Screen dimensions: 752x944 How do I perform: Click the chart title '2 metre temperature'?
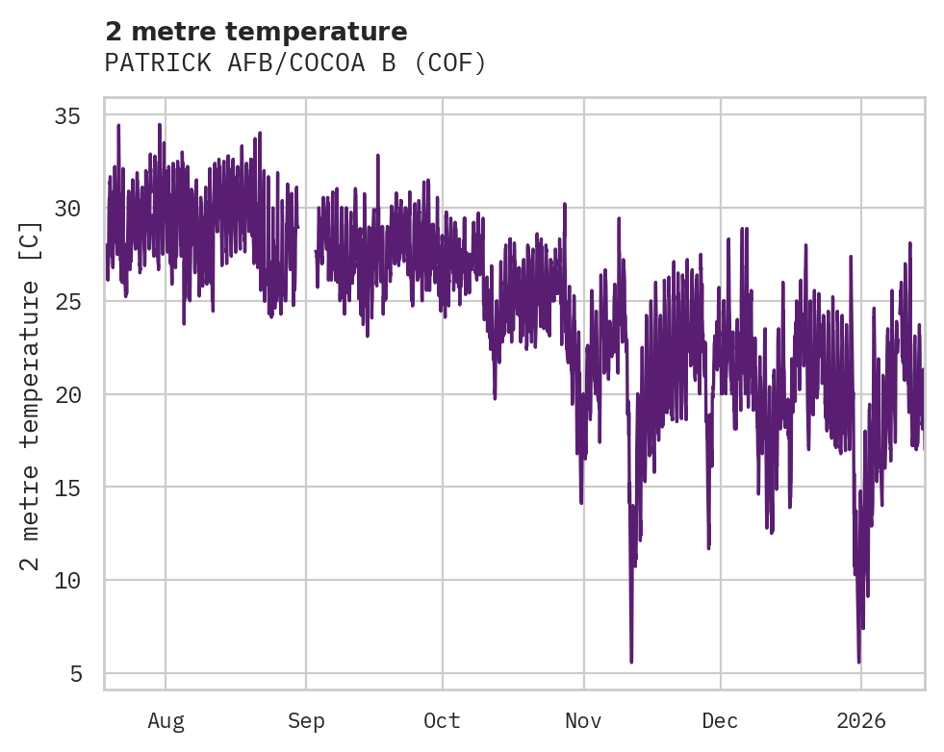pos(256,32)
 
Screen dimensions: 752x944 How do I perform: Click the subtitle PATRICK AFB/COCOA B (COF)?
pos(295,63)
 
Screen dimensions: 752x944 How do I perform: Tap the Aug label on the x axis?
pos(166,721)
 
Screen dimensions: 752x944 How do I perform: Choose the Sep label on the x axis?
pos(306,721)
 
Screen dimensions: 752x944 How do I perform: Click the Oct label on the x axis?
pos(443,721)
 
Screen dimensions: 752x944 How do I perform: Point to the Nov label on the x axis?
pos(583,721)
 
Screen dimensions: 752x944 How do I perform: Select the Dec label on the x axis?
pos(720,721)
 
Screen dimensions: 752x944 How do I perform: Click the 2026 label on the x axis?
pos(860,721)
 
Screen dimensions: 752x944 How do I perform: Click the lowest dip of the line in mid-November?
pos(631,661)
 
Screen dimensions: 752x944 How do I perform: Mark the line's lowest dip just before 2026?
pos(859,662)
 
